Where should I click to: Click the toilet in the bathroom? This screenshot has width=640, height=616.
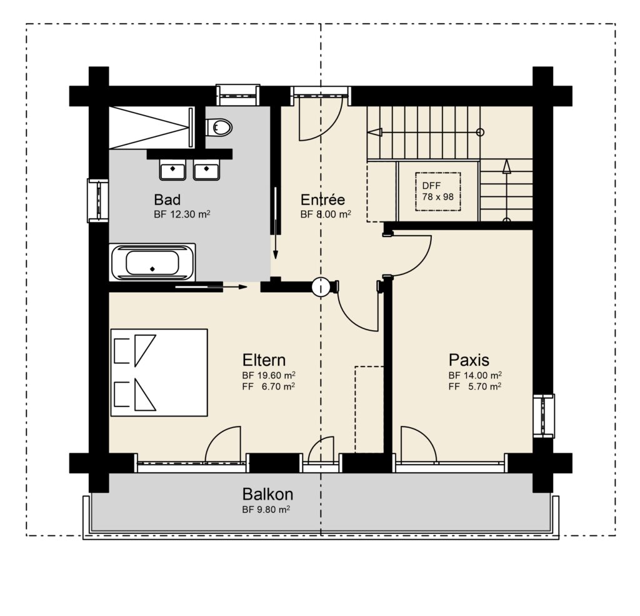pyautogui.click(x=219, y=128)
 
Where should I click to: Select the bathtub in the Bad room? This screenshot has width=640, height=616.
pyautogui.click(x=152, y=262)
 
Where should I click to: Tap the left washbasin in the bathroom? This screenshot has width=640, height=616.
pyautogui.click(x=172, y=170)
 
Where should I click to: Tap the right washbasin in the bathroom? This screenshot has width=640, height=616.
pyautogui.click(x=206, y=170)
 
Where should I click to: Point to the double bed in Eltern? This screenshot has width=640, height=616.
pyautogui.click(x=159, y=373)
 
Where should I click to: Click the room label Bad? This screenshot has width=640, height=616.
pyautogui.click(x=167, y=199)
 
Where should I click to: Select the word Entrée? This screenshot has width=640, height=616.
pyautogui.click(x=323, y=199)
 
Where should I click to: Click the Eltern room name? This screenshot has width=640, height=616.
pyautogui.click(x=264, y=360)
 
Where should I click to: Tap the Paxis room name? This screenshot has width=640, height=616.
pyautogui.click(x=469, y=360)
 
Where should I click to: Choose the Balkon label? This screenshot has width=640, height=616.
pyautogui.click(x=267, y=494)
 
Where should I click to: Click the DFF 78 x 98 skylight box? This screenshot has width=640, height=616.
pyautogui.click(x=438, y=191)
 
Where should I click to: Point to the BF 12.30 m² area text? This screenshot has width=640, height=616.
pyautogui.click(x=182, y=214)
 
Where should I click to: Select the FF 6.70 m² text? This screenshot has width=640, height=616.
pyautogui.click(x=269, y=386)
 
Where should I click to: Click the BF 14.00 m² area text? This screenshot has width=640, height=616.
pyautogui.click(x=475, y=375)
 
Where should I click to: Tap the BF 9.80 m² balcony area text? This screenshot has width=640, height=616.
pyautogui.click(x=266, y=510)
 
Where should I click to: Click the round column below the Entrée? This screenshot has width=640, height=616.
pyautogui.click(x=321, y=287)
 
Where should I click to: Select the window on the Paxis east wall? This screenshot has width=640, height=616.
pyautogui.click(x=544, y=417)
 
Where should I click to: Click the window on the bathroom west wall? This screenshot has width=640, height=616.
pyautogui.click(x=98, y=201)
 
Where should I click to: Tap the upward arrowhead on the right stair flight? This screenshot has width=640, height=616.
pyautogui.click(x=506, y=166)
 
